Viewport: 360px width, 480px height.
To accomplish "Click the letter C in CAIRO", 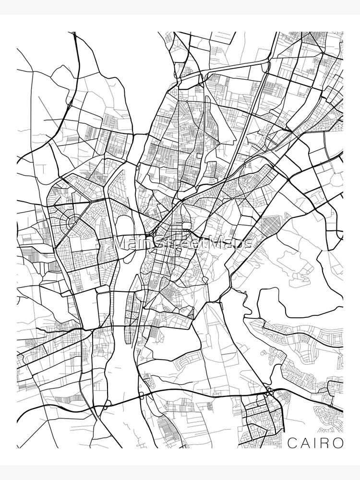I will pos(291,442).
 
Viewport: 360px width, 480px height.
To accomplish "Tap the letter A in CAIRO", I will pos(305,442).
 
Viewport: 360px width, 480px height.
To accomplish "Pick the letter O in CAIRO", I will pos(338,442).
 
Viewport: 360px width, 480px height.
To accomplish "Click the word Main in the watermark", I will pos(132,242).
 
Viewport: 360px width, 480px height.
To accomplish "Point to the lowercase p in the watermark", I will pos(239,243).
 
